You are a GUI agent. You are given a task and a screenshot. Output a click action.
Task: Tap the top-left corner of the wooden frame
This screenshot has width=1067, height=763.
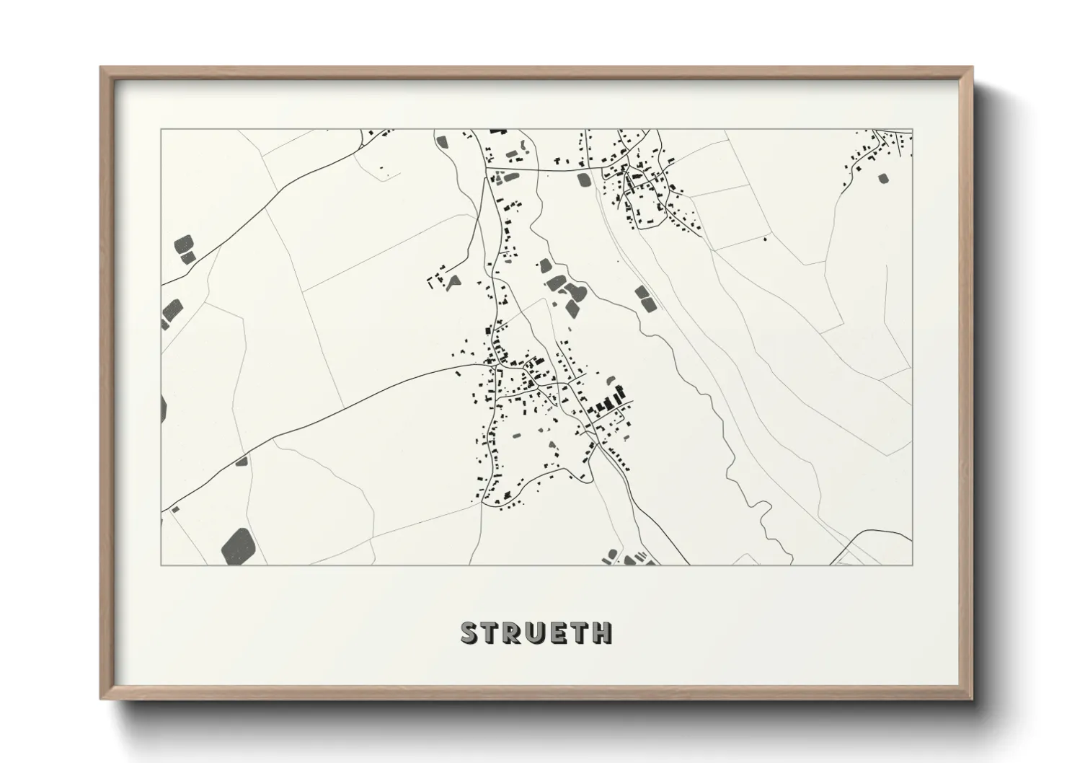102,69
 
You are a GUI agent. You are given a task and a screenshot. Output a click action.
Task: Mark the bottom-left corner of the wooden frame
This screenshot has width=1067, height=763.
102,698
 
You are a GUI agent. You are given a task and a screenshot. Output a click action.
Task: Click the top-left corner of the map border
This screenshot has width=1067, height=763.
161,130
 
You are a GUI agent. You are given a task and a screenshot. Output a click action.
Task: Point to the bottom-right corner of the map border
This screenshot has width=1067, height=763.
912,565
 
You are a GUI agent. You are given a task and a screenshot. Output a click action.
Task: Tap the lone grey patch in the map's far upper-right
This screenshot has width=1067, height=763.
883,177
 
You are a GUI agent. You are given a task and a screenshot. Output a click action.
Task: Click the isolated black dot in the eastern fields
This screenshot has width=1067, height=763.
764,239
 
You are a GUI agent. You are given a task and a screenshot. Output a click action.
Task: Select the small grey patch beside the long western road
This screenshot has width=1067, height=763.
241,460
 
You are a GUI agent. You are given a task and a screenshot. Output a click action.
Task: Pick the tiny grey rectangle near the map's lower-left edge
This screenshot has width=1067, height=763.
174,510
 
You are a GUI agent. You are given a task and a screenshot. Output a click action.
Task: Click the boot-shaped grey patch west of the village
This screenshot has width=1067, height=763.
454,283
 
